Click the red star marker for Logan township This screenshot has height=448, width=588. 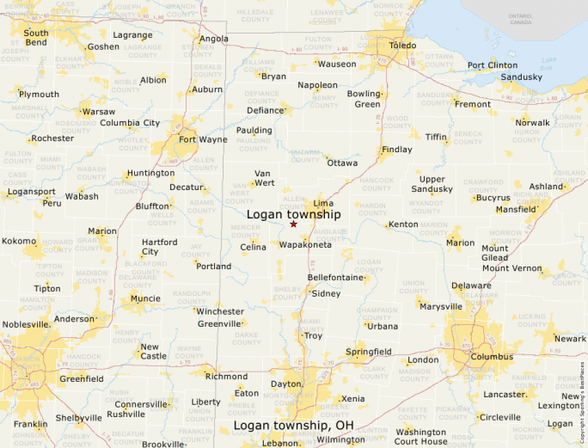293,224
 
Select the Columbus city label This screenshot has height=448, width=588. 492,356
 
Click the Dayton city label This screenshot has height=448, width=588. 285,384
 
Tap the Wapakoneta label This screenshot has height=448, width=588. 305,245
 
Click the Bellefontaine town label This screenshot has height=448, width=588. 334,278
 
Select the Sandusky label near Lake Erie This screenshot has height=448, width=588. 522,77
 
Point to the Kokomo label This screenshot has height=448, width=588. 19,242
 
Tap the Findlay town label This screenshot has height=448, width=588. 397,149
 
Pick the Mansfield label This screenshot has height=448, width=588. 516,209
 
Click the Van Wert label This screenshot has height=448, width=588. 263,178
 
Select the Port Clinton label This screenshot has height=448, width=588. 493,65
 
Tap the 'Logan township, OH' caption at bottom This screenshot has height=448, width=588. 293,426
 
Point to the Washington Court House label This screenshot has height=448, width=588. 421,437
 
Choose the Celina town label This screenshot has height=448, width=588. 253,248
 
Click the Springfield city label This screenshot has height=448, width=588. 368,352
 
